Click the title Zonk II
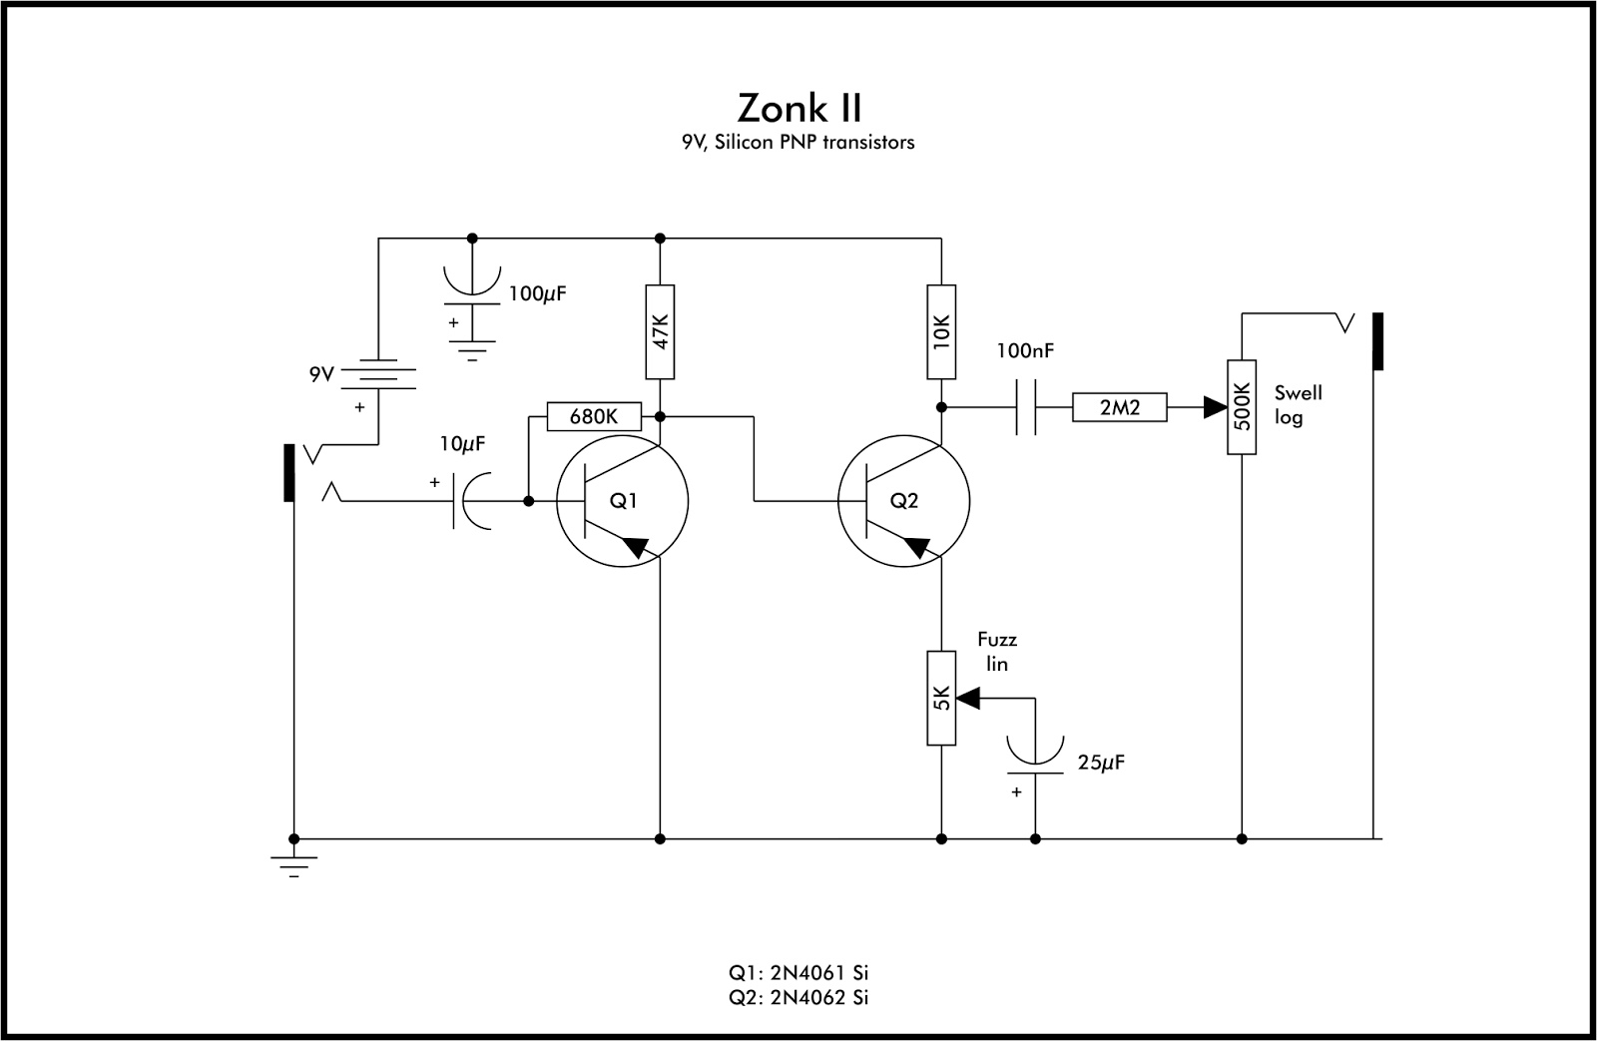click(799, 106)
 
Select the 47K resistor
click(660, 331)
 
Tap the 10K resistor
click(941, 331)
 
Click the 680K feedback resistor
click(594, 416)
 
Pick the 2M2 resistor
click(1119, 407)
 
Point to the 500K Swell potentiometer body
click(1242, 407)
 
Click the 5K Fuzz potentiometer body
click(941, 698)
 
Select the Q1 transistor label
click(623, 501)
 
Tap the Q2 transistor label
click(903, 501)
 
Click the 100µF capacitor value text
click(543, 294)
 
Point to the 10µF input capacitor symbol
click(469, 501)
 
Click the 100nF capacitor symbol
click(1026, 407)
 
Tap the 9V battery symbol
click(378, 376)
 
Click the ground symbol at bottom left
click(293, 864)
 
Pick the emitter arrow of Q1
click(636, 547)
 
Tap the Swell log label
click(1298, 405)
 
